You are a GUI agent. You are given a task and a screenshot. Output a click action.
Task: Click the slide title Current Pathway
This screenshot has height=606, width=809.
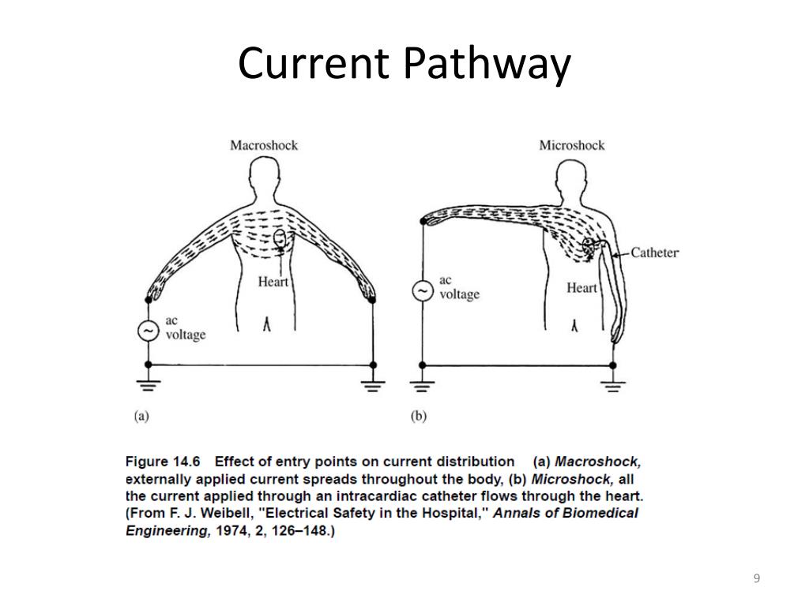tap(404, 64)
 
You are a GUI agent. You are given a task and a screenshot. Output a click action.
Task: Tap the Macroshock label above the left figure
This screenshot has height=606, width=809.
tap(264, 145)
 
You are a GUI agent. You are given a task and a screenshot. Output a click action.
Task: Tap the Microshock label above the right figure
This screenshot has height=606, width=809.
tap(572, 145)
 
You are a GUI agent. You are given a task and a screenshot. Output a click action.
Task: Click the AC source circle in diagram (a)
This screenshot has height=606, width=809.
tap(149, 331)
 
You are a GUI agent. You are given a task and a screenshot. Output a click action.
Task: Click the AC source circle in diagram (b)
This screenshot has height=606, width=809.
tap(423, 291)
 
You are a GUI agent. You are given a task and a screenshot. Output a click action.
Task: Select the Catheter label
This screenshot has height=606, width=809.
tap(654, 253)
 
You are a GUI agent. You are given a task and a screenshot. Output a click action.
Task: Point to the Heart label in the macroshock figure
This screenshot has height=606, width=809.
tap(273, 281)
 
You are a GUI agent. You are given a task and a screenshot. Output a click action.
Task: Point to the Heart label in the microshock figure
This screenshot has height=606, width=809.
tap(581, 288)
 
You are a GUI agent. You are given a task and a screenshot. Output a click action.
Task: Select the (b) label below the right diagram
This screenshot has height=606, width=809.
tap(418, 417)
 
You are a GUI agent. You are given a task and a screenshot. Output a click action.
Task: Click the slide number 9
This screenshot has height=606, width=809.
tap(756, 579)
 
